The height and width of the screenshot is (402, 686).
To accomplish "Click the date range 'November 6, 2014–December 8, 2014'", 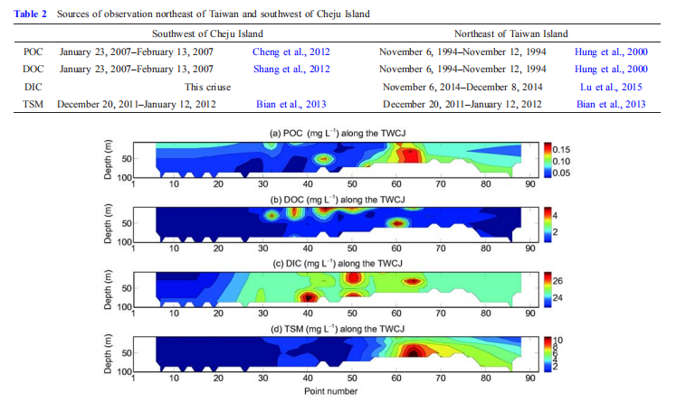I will [x=461, y=87].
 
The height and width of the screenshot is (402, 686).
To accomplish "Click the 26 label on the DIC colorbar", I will [x=558, y=280].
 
